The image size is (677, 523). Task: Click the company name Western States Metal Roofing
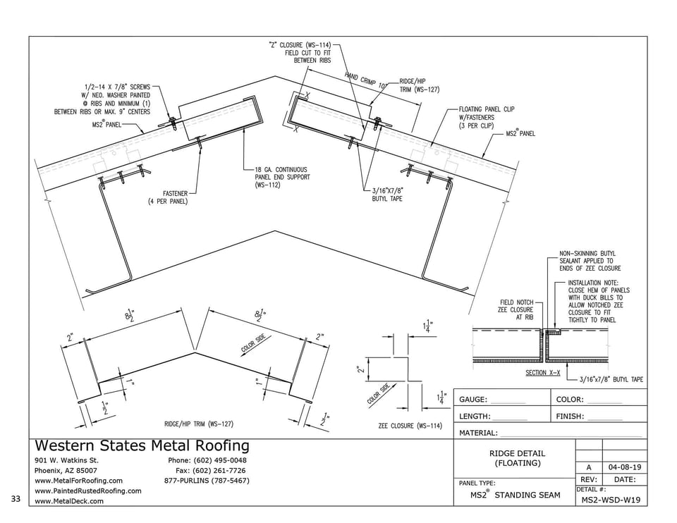coord(142,445)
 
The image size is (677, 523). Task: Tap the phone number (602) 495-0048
coord(220,460)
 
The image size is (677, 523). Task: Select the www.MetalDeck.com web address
coord(69,501)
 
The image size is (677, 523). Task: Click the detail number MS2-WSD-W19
coord(611,500)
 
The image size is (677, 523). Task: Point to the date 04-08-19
coord(624,467)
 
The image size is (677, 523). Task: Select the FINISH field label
coord(570,417)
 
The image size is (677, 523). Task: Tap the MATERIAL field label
coord(478,433)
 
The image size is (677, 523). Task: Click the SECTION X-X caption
coord(543,373)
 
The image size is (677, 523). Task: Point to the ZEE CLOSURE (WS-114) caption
coord(410,426)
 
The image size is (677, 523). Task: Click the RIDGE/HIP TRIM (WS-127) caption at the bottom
coord(199,424)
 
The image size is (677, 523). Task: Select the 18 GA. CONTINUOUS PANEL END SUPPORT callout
coord(282,178)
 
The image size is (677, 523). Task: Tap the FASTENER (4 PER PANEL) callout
coord(169,197)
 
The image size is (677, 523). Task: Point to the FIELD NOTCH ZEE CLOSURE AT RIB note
coord(517,310)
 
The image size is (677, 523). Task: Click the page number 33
coord(16,499)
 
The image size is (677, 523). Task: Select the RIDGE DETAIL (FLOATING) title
coord(517,458)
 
